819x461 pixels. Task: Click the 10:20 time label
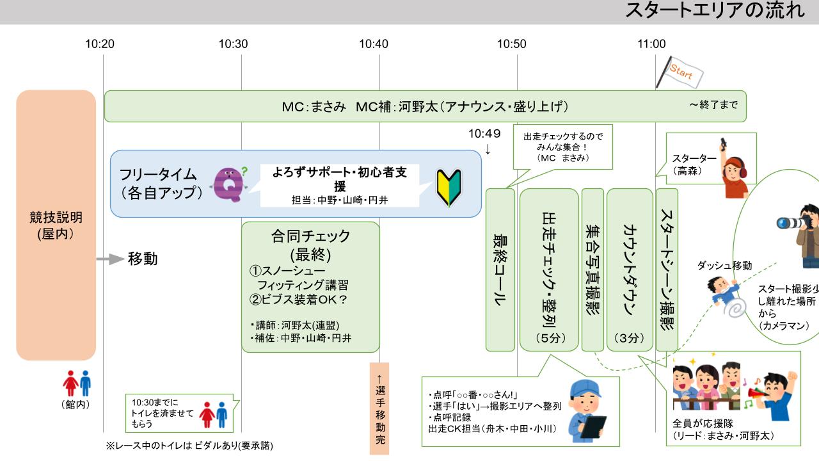100,44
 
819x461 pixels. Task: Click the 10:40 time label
373,44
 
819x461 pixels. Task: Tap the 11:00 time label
651,44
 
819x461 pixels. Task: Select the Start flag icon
681,73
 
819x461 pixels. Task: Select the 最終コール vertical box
500,270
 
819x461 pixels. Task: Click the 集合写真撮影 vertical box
592,270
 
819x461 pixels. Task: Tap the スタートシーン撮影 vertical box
666,270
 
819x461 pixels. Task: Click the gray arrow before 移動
109,259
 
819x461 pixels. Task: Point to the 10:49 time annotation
484,134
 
